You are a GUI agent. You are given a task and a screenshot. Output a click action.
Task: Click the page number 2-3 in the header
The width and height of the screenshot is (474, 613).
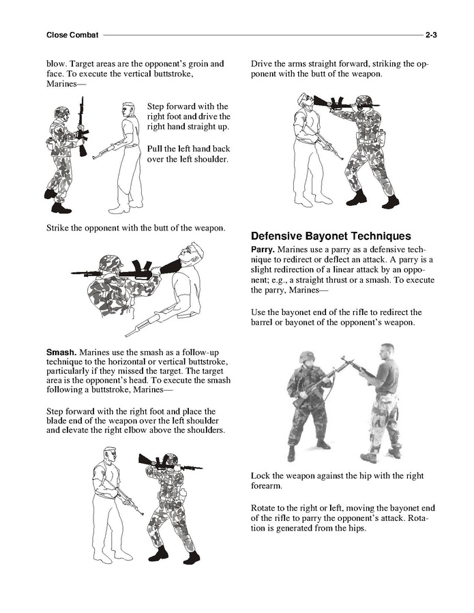tap(431, 35)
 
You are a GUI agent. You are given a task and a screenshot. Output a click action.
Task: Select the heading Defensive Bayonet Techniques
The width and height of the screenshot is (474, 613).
tap(331, 237)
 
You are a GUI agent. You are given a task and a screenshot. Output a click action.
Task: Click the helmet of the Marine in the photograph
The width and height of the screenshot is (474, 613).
tap(307, 357)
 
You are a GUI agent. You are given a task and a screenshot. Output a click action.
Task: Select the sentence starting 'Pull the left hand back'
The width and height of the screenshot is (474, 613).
tap(188, 154)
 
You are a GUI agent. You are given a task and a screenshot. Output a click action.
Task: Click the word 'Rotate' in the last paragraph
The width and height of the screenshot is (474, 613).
tap(265, 508)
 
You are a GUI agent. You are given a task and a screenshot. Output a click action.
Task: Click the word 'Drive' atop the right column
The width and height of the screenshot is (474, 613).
tap(263, 64)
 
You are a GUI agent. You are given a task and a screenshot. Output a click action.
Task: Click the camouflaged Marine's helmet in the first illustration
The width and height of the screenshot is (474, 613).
tap(61, 112)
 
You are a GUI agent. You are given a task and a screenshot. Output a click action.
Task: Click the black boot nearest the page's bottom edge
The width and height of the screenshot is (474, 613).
tap(192, 558)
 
